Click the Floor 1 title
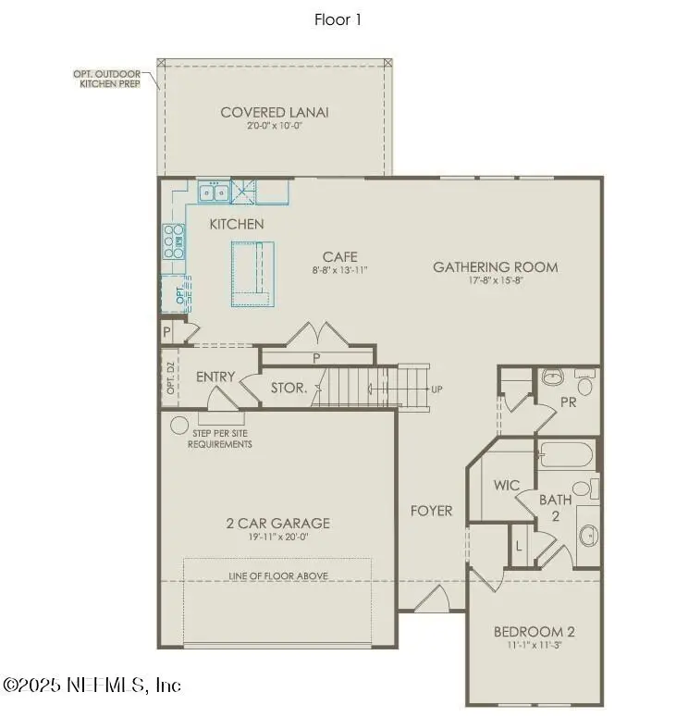[338, 19]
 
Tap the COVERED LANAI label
[275, 113]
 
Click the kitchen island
[252, 273]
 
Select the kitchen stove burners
[173, 241]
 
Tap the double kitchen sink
[215, 192]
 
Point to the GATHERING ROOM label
[496, 267]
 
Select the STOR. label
[289, 389]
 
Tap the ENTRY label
[215, 377]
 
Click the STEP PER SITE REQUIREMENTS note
[220, 439]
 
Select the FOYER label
[432, 511]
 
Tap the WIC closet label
[507, 484]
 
